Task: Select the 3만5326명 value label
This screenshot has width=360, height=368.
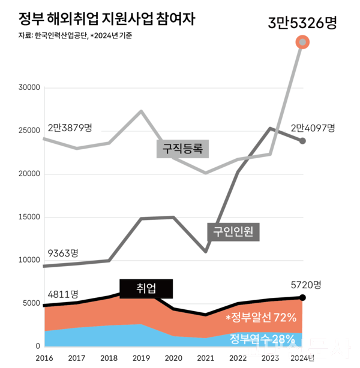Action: coord(302,23)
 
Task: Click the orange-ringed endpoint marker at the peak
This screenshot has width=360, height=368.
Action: coord(303,42)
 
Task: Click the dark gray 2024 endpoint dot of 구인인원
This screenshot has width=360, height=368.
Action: coord(303,141)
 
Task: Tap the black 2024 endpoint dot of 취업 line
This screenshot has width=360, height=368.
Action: coord(303,298)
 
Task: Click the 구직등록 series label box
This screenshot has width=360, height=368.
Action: coord(183,148)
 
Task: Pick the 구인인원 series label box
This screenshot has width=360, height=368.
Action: coord(233,231)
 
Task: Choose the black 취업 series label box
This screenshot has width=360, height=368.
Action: coord(146,289)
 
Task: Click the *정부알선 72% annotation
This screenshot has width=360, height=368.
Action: coord(262,317)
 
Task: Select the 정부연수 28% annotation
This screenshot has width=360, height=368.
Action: coord(263,339)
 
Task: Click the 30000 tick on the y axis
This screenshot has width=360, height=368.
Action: coord(29,88)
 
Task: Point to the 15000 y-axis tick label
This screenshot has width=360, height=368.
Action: coord(29,218)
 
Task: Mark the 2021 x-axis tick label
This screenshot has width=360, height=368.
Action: coord(206,358)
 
